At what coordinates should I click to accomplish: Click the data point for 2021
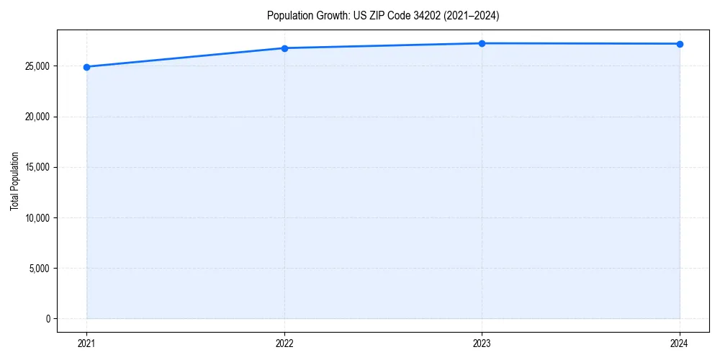pos(86,67)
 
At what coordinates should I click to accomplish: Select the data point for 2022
pos(284,48)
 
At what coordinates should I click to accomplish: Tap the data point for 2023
pos(482,43)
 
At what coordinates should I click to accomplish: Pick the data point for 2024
pos(680,44)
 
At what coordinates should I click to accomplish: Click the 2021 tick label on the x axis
pos(86,343)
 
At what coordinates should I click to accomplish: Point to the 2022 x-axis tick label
pos(284,343)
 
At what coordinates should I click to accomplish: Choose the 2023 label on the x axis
pos(482,343)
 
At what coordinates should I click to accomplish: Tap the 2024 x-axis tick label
pos(680,343)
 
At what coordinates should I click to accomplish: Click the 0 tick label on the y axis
pos(46,319)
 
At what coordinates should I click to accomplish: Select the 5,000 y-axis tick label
pos(38,269)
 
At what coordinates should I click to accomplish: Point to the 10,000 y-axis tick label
pos(36,218)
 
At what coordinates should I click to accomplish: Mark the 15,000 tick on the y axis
pos(36,168)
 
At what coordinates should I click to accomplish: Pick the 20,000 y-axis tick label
pos(36,117)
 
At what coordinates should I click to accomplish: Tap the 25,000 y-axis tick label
pos(36,67)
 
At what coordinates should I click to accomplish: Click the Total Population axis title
pos(14,181)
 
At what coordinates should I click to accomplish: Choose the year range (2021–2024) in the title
pos(471,15)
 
